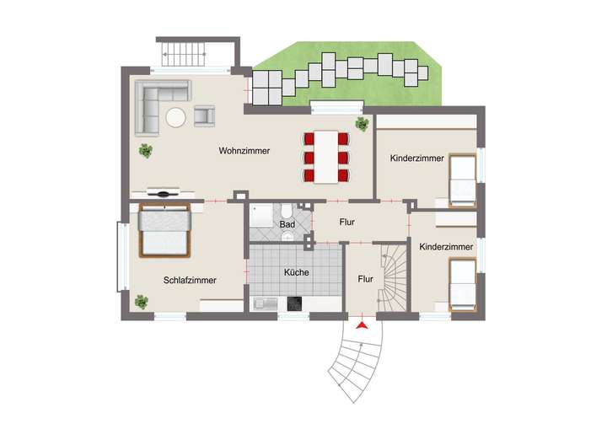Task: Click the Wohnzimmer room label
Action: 244,152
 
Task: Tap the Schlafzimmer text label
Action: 190,280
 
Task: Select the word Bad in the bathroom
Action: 287,225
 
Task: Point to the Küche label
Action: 296,272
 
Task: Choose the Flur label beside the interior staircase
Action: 365,278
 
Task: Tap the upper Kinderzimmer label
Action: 416,158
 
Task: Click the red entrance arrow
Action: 363,324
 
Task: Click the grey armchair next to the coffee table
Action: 205,116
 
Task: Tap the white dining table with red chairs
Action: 326,157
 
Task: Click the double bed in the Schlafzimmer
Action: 164,231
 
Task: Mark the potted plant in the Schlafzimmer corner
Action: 139,300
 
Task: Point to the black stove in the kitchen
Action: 295,304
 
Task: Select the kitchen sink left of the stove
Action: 261,303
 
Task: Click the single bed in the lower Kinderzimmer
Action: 463,285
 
